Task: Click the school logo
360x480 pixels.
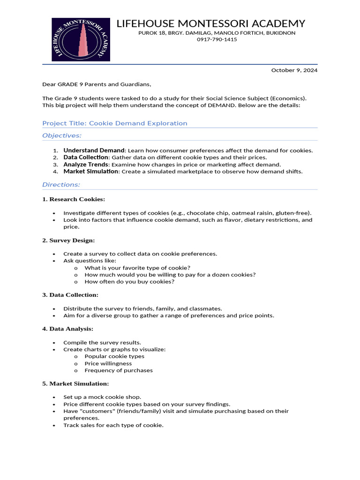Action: [x=81, y=40]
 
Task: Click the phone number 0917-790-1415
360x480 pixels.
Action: [x=217, y=39]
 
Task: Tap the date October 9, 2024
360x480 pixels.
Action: [x=294, y=70]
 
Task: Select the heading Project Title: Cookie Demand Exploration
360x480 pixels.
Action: [x=114, y=123]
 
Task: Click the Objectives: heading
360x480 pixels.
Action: [x=62, y=135]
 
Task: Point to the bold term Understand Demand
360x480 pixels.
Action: [x=94, y=150]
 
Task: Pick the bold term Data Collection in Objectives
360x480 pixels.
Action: [x=85, y=157]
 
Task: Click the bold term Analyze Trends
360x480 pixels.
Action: [x=86, y=165]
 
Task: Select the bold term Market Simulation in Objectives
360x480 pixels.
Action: [x=90, y=172]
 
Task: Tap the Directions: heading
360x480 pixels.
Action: [x=61, y=185]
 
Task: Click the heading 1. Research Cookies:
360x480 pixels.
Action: [x=74, y=199]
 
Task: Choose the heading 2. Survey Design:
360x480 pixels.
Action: [x=68, y=240]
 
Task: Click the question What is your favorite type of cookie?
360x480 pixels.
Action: [x=131, y=268]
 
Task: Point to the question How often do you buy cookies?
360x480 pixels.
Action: [x=129, y=282]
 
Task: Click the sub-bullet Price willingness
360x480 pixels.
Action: [x=108, y=363]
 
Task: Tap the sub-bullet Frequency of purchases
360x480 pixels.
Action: [x=119, y=370]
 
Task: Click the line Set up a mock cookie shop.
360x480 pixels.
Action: [x=102, y=397]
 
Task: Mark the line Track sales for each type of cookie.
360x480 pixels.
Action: [x=113, y=425]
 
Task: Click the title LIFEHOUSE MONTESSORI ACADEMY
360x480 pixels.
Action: [x=210, y=23]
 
